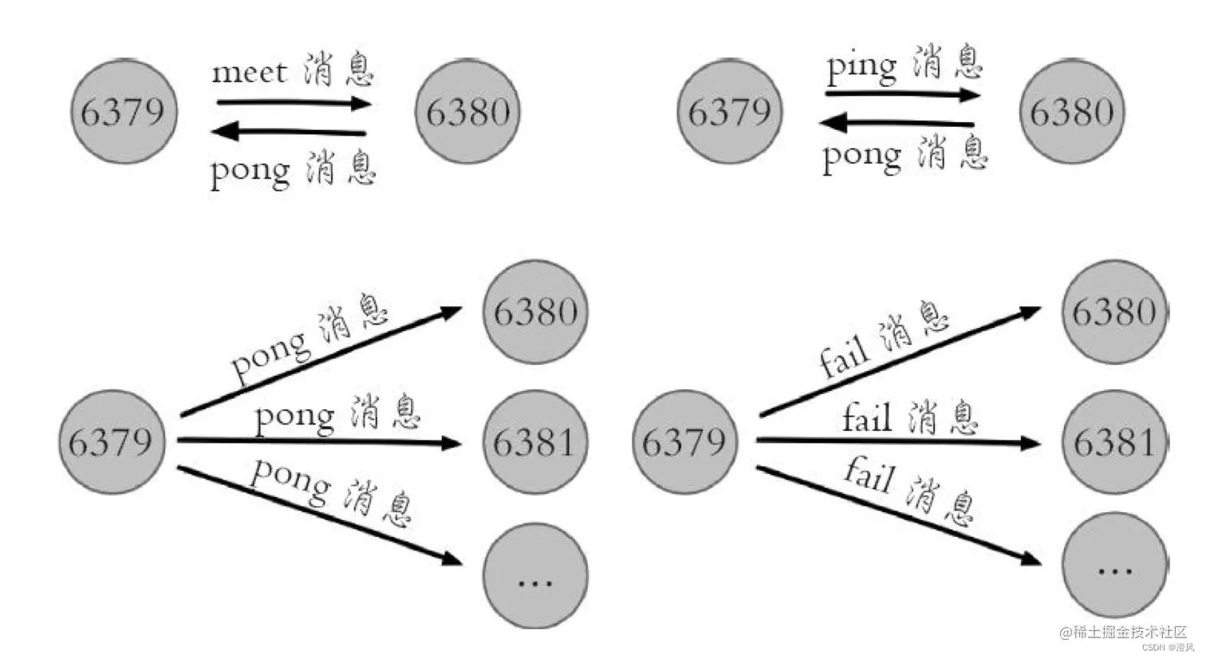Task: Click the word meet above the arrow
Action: (249, 73)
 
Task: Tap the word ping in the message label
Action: (861, 67)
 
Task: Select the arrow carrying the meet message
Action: (293, 103)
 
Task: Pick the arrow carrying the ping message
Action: (901, 95)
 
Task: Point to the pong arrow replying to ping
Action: (897, 123)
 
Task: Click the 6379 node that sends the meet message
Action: (124, 112)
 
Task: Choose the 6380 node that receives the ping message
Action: (1071, 112)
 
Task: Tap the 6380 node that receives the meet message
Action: (467, 112)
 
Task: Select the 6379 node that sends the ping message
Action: (730, 112)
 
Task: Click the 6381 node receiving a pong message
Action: (534, 442)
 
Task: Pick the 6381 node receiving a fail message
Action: (1114, 442)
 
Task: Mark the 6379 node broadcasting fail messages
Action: (684, 442)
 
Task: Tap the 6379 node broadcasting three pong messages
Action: (111, 442)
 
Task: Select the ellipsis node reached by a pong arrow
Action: (534, 576)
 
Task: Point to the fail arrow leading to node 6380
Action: (899, 361)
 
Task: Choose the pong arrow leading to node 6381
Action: (319, 440)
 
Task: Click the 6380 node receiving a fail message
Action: (1114, 312)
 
